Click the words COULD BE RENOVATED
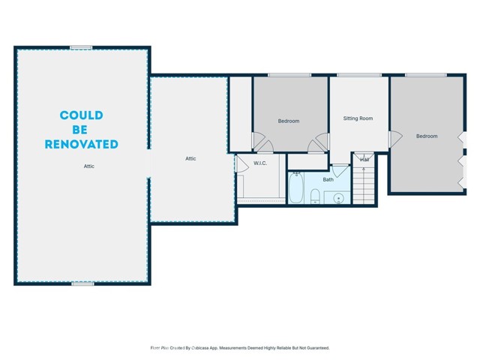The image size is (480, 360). coord(82,129)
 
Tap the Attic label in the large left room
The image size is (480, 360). coord(88,166)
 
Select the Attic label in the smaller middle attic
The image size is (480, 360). coord(190,158)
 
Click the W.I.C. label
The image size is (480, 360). coord(260,163)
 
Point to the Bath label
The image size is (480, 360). coord(328,180)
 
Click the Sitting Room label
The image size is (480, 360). coord(358,118)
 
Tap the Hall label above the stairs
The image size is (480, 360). coord(364,159)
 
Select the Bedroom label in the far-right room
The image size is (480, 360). coord(427,136)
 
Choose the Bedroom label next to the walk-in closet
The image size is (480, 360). coord(289,121)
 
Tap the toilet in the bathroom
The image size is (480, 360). coord(316,197)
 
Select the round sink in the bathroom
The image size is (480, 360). coord(338,198)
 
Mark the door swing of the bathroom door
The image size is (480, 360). coord(340,170)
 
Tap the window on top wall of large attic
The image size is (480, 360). coord(81,48)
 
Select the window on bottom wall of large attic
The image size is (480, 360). coord(82,283)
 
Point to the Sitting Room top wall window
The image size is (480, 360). coord(358,75)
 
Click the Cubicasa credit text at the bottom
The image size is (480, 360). coord(240,348)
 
